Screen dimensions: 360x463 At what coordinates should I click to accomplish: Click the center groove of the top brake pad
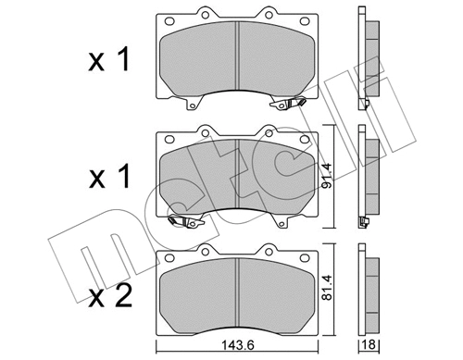coord(239,57)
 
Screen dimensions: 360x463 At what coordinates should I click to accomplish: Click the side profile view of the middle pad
coord(368,176)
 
